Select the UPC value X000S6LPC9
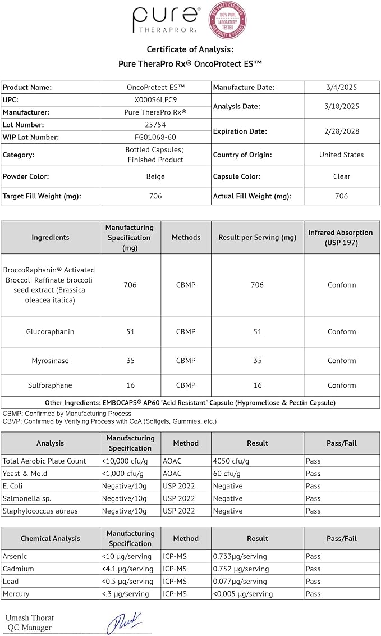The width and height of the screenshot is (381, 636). click(x=155, y=99)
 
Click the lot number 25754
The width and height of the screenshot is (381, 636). click(x=155, y=125)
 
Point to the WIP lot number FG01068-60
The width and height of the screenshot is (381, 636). click(x=155, y=137)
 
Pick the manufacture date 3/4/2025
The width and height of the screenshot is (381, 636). click(x=342, y=87)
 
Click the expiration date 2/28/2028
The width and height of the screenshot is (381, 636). click(x=342, y=131)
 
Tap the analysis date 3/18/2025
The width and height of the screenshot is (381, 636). click(x=342, y=106)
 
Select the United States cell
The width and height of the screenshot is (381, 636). click(x=342, y=155)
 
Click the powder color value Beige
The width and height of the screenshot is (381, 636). click(x=155, y=176)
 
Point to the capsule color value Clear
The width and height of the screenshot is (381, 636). click(x=342, y=176)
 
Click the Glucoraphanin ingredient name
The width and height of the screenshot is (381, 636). click(x=50, y=331)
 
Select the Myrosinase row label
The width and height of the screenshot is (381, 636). click(x=50, y=361)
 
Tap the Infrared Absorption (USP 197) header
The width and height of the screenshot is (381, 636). click(x=341, y=237)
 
